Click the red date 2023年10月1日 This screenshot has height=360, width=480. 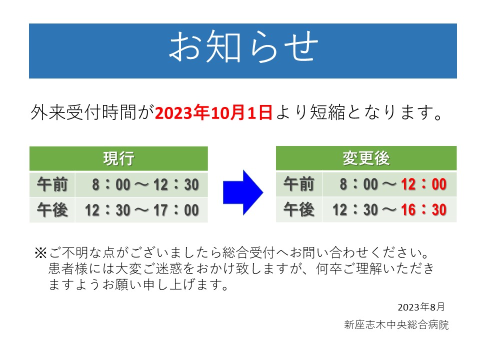[x=213, y=112]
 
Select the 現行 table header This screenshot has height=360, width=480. [x=118, y=158]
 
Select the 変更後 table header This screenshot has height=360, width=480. [x=366, y=158]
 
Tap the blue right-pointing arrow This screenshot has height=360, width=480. [x=243, y=192]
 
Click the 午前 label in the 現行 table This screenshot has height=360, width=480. [x=52, y=184]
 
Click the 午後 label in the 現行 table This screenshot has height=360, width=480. [x=52, y=210]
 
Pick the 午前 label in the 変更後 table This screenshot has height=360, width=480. [x=299, y=184]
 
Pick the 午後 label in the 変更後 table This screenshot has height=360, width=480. [x=299, y=209]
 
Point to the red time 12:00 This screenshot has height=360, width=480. [x=423, y=184]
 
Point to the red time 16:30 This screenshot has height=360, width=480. [x=423, y=209]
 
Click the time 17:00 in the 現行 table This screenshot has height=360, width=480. [x=176, y=210]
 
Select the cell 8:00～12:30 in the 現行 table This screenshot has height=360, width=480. [x=145, y=184]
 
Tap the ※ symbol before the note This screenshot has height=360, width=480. [x=40, y=253]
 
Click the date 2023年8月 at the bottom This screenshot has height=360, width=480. [x=421, y=306]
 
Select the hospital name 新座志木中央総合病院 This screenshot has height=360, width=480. [x=396, y=324]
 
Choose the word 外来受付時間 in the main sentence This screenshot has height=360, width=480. [x=83, y=112]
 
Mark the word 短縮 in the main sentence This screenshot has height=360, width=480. [x=327, y=112]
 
